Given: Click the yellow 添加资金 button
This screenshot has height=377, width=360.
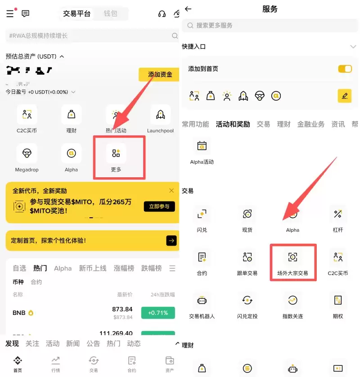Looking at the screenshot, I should point(160,74).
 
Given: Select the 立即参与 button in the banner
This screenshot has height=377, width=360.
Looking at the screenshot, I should point(159,206).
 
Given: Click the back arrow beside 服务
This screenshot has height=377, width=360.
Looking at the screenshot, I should point(188,9).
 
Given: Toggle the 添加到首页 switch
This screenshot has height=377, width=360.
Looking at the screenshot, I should point(345,69).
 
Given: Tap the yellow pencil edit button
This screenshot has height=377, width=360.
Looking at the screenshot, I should point(344,95).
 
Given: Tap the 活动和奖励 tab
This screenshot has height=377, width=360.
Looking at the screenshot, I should point(233,124).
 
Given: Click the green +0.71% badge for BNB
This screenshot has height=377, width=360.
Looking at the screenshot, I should point(157,313).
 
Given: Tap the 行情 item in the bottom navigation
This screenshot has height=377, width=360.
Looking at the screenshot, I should point(55,363).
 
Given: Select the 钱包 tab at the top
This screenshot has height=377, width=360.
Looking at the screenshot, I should point(110,13).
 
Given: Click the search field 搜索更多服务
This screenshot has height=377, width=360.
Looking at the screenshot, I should point(270,26).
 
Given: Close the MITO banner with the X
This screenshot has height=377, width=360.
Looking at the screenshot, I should point(171,190).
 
